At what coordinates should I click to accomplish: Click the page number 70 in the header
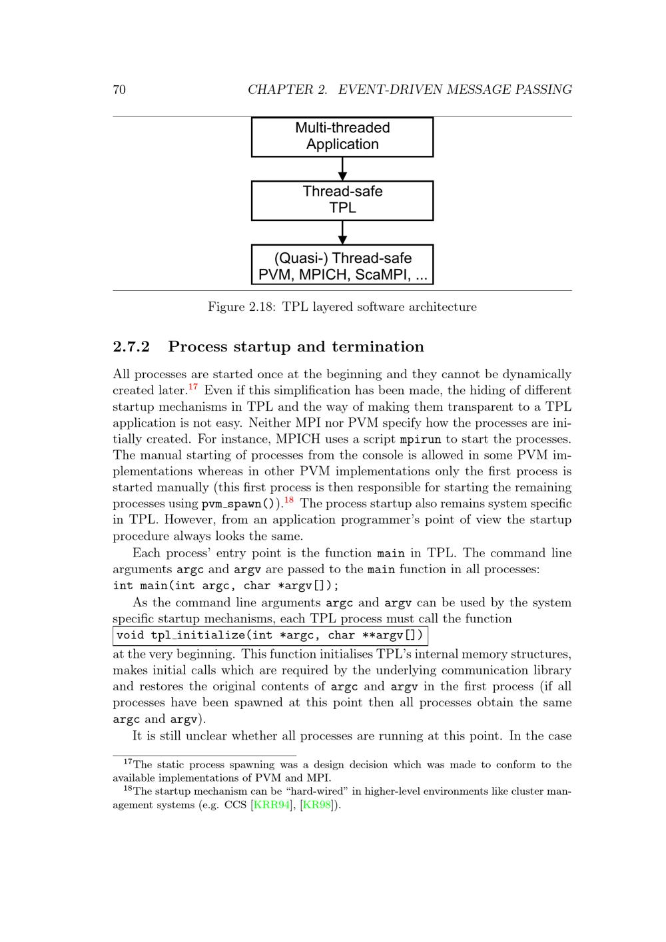(x=119, y=90)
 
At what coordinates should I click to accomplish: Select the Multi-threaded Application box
(x=342, y=136)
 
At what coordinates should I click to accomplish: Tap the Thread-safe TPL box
(x=342, y=200)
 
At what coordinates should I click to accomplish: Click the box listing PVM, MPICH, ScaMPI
(x=342, y=265)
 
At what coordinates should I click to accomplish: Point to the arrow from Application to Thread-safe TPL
(x=342, y=168)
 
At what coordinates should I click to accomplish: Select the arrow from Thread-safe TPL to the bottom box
(x=342, y=232)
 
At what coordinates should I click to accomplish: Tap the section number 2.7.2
(x=131, y=347)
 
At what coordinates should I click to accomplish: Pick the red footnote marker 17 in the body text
(x=193, y=386)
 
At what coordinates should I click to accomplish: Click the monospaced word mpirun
(x=420, y=439)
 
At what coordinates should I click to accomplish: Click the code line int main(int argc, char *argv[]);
(x=226, y=586)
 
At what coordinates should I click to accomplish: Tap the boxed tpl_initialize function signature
(x=270, y=635)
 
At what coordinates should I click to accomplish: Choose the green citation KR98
(x=317, y=805)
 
